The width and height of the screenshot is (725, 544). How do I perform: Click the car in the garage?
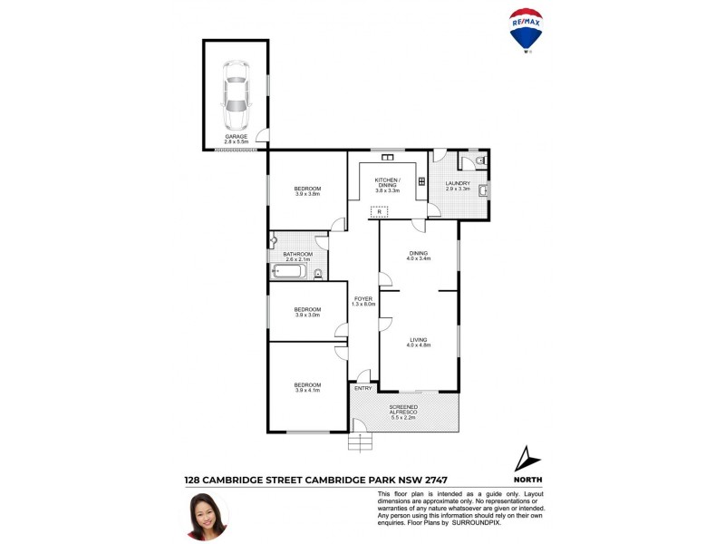pos(236,95)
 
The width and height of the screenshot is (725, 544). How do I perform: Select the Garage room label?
pos(236,140)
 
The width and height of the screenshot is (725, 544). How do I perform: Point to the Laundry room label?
pos(458,186)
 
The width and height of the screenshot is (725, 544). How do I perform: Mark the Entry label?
pos(363,388)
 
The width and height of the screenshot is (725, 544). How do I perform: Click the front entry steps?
pos(361,442)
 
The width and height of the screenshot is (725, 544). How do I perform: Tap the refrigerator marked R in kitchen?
pos(379,212)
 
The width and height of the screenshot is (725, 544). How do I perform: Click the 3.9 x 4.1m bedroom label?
pos(307,388)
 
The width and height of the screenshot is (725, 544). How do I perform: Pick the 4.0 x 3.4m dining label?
pos(418,256)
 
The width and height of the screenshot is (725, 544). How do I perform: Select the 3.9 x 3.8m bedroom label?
pos(307,190)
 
